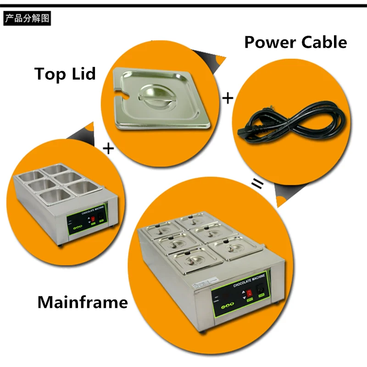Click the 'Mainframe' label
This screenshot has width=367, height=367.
click(83, 302)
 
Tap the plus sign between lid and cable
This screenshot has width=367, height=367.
click(228, 98)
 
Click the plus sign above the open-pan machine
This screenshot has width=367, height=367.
click(108, 148)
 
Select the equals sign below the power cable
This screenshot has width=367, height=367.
click(259, 185)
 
